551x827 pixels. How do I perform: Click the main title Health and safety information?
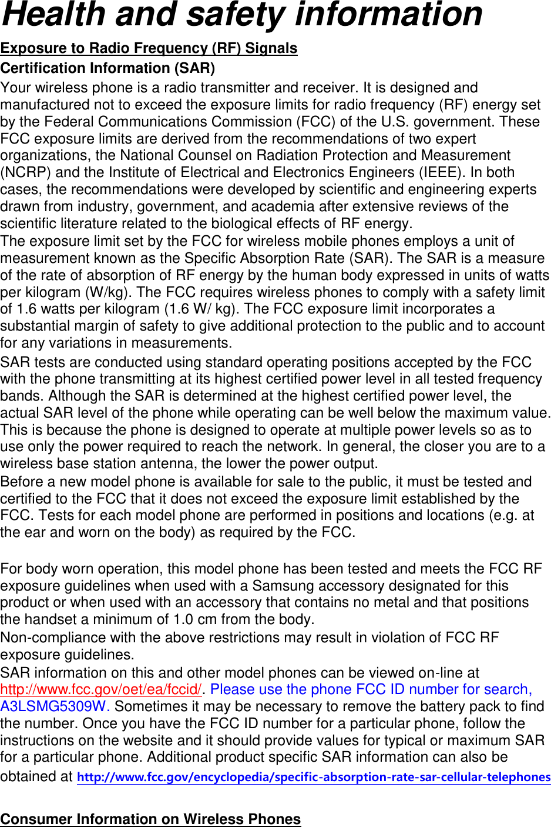pyautogui.click(x=241, y=15)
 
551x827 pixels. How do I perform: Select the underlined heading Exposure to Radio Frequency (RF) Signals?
pyautogui.click(x=149, y=48)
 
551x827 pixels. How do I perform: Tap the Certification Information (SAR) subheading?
pyautogui.click(x=107, y=68)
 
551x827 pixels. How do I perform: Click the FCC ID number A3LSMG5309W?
pyautogui.click(x=55, y=706)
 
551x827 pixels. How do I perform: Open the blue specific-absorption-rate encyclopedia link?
pyautogui.click(x=314, y=777)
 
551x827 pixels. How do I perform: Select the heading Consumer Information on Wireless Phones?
pyautogui.click(x=150, y=819)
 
